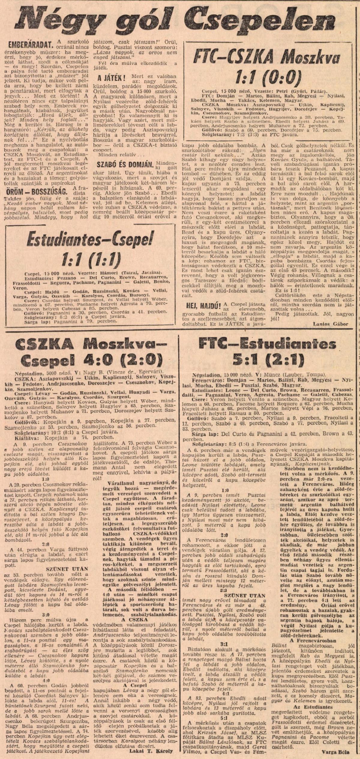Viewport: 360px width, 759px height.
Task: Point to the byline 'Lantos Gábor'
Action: (330, 324)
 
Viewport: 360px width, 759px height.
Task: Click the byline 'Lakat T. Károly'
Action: (151, 748)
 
